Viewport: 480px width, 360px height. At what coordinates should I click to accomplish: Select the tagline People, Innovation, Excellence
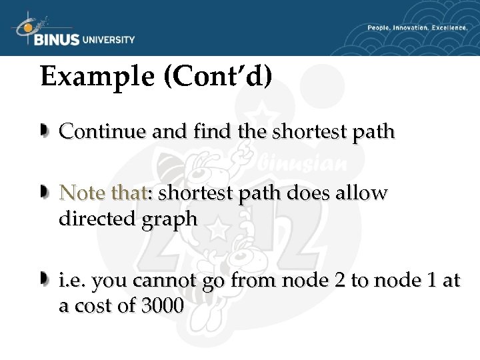pos(417,28)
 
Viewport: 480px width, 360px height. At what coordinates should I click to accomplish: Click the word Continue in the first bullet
pos(103,131)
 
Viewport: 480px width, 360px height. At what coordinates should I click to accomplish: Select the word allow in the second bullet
pos(361,193)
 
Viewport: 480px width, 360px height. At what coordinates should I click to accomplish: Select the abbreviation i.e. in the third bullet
pos(71,281)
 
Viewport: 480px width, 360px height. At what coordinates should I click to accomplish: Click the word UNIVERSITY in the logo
pos(108,39)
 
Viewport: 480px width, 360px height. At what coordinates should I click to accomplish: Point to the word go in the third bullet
pos(214,282)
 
